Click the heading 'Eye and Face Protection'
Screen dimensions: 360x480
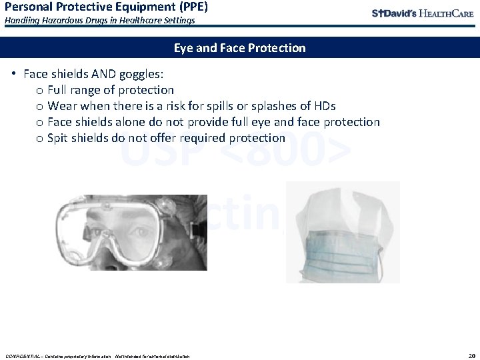click(x=239, y=48)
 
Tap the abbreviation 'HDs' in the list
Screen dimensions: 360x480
click(x=324, y=106)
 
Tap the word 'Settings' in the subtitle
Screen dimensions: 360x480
click(x=177, y=21)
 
